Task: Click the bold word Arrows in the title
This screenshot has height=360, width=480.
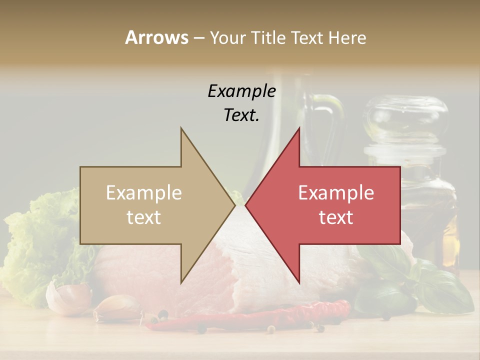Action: [156, 37]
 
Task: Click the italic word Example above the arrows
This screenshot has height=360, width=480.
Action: [241, 91]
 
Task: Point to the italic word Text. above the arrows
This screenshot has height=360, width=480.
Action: [241, 115]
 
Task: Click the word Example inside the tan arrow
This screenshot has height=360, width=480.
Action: [144, 192]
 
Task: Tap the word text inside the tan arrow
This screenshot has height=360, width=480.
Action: [144, 217]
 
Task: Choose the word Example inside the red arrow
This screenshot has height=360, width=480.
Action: [336, 192]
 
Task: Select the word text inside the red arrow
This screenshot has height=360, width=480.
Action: [336, 217]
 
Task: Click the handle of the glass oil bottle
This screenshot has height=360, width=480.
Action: [332, 120]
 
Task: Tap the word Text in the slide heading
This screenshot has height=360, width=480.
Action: [307, 37]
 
